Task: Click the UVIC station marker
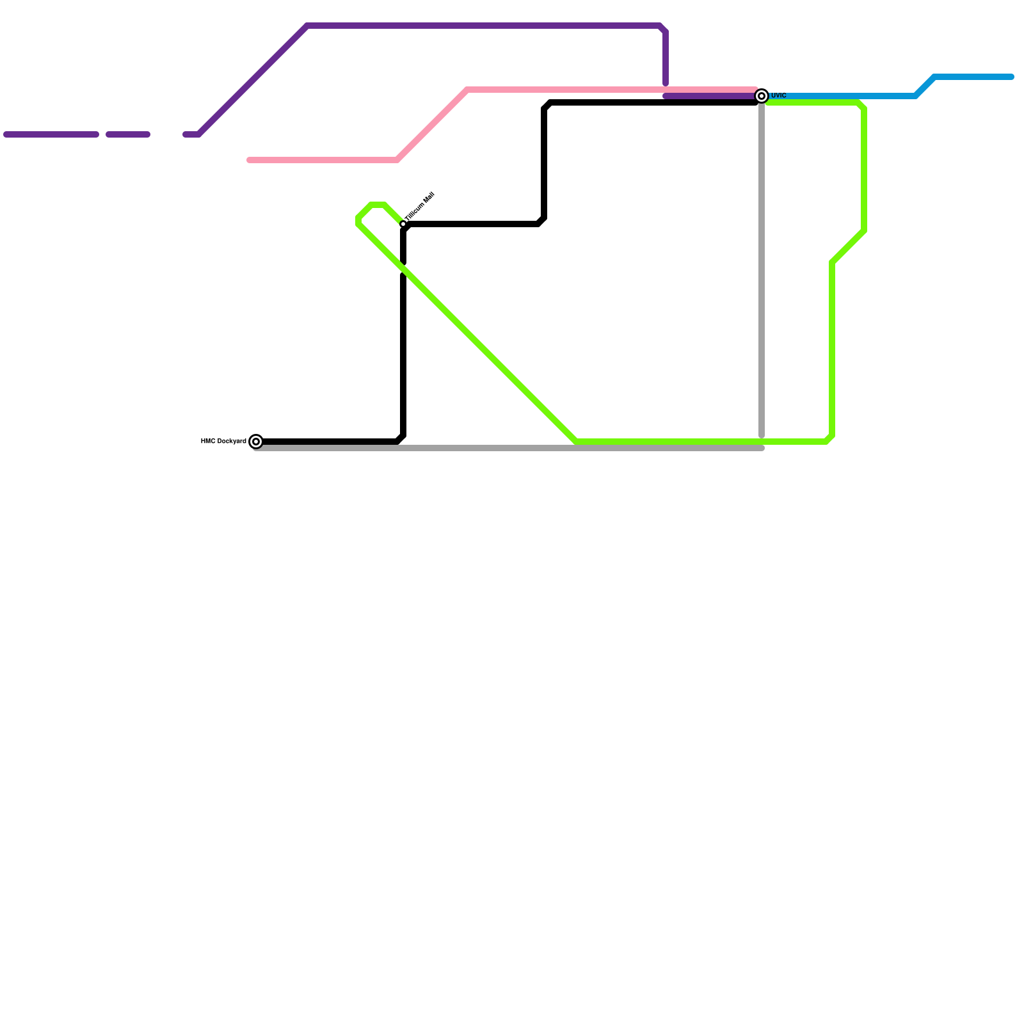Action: point(762,96)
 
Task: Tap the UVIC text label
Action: point(778,95)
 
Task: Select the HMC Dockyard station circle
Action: point(256,442)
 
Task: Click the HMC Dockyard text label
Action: point(223,441)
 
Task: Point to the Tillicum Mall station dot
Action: point(403,224)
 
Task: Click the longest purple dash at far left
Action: point(51,134)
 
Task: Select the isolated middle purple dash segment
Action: point(128,134)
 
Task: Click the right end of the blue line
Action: point(1011,77)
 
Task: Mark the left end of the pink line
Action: point(250,160)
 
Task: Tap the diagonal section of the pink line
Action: point(432,125)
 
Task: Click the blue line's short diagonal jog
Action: point(925,86)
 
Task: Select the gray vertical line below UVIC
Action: point(762,269)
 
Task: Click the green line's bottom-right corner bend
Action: point(830,440)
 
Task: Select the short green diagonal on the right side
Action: point(848,246)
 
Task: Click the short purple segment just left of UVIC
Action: point(710,97)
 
